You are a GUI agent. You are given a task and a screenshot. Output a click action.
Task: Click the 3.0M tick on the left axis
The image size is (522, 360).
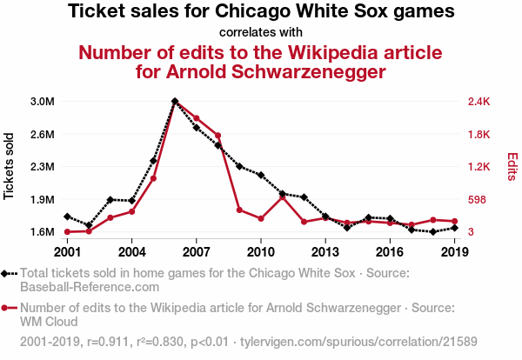point(42,102)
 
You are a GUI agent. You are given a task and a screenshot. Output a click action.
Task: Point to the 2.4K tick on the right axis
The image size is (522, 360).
point(479,102)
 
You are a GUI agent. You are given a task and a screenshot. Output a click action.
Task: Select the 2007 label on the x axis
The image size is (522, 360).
point(197,251)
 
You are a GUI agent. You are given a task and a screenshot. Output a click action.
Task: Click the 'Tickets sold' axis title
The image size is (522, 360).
point(10,166)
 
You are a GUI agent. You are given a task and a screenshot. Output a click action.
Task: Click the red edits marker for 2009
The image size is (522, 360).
point(239,210)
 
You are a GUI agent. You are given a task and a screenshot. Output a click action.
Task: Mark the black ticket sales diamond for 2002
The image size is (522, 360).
point(89,225)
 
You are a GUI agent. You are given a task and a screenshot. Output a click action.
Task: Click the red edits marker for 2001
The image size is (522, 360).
point(67,232)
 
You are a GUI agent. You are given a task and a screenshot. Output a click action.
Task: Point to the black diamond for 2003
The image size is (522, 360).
point(110,200)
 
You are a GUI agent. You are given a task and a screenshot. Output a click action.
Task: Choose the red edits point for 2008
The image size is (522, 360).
point(217,136)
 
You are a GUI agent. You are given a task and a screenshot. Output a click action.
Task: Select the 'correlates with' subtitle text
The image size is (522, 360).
point(261,32)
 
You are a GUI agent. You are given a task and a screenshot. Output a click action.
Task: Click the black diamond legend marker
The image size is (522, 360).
point(7,273)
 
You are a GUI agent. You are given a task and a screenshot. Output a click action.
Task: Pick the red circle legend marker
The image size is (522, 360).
point(7,308)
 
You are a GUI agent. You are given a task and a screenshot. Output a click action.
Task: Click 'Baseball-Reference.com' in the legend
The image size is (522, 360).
point(90,286)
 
